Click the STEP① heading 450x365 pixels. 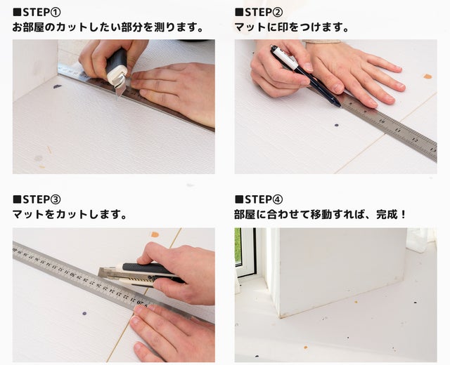click(37, 13)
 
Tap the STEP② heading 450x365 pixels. click(259, 13)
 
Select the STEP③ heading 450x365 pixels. click(37, 199)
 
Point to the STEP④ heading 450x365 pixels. click(259, 199)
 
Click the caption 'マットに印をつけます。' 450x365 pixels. click(292, 27)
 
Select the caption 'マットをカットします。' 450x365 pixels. click(70, 214)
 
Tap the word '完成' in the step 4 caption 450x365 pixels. click(387, 214)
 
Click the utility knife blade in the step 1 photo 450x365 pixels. click(120, 91)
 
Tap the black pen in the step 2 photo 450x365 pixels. click(305, 76)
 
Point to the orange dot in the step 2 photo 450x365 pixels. click(427, 77)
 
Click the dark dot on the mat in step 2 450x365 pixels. click(337, 125)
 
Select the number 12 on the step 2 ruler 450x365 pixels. click(415, 140)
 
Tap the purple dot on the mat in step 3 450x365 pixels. click(84, 314)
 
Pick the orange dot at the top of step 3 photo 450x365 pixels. click(155, 234)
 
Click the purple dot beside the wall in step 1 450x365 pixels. click(58, 86)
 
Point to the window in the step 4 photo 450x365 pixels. click(245, 252)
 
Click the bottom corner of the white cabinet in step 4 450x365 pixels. click(280, 317)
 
